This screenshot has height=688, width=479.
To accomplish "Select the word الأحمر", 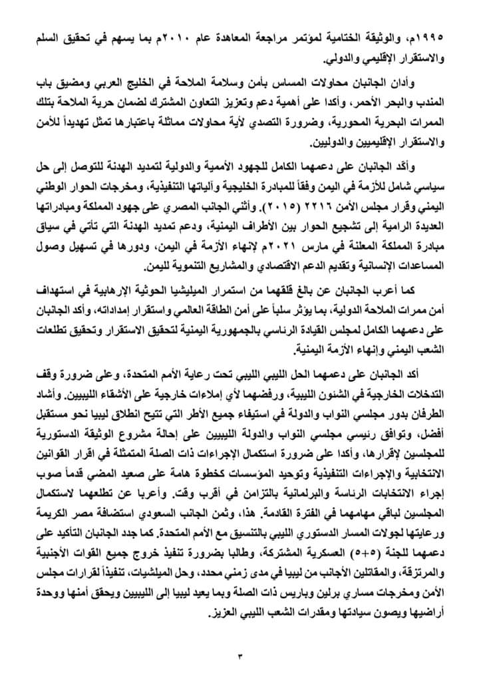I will (385, 101).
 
